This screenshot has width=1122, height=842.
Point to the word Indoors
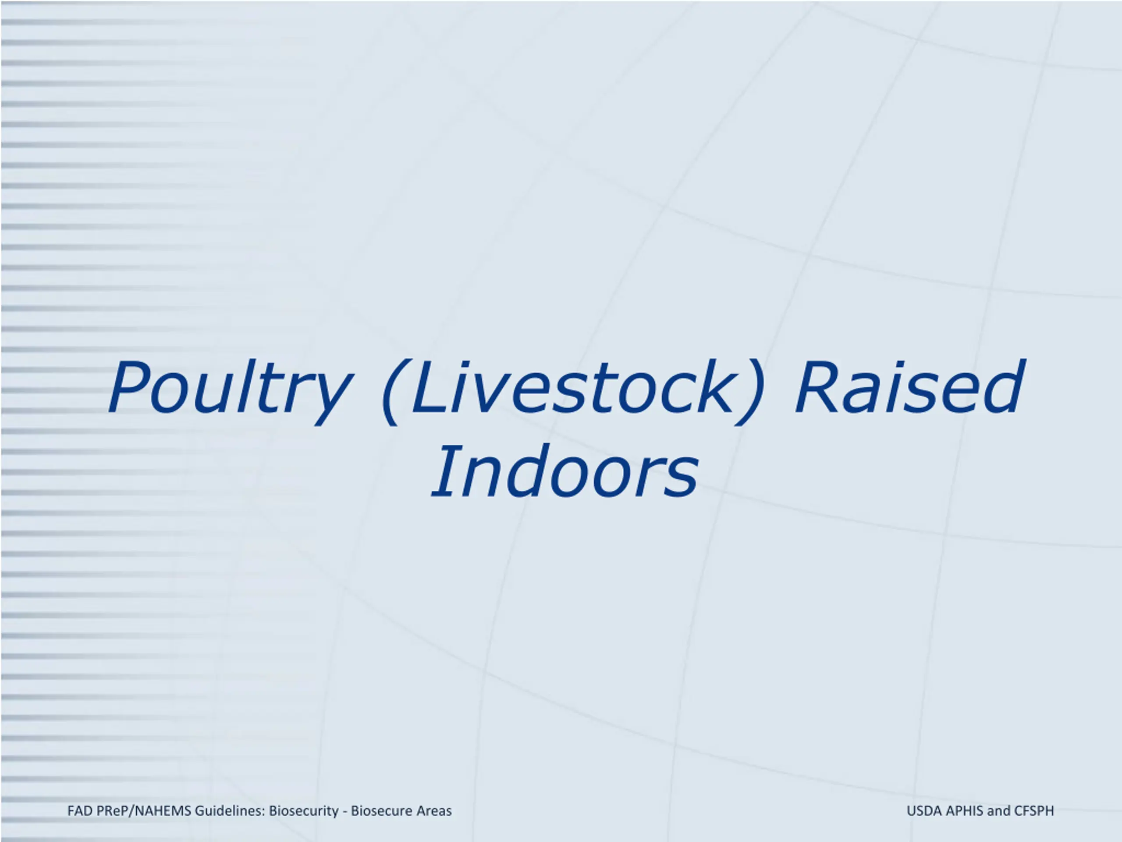pyautogui.click(x=565, y=471)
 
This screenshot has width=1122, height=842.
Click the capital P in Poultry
pyautogui.click(x=129, y=387)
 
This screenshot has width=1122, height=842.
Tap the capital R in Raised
pyautogui.click(x=817, y=387)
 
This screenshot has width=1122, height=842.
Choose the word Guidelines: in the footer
pyautogui.click(x=230, y=811)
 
